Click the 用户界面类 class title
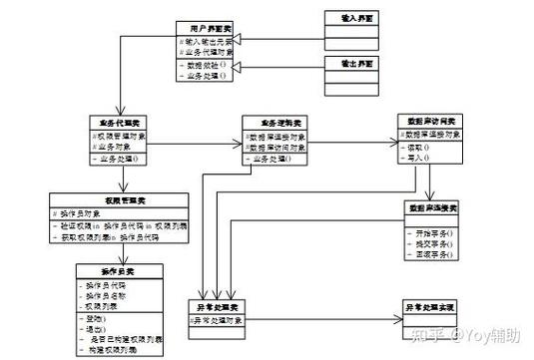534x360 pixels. (207, 28)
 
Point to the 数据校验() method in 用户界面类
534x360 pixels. (206, 63)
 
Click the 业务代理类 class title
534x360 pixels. (118, 121)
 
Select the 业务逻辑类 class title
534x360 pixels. (274, 121)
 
